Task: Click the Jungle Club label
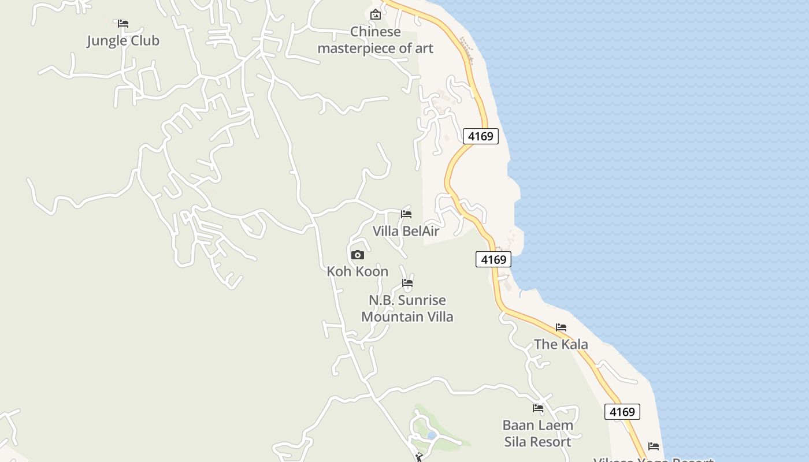click(123, 41)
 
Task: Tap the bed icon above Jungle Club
click(123, 24)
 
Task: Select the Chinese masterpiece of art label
click(375, 40)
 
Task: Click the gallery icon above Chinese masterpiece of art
click(375, 14)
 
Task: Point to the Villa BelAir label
click(406, 232)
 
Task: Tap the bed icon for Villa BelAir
click(406, 214)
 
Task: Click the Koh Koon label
click(357, 271)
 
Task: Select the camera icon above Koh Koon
click(357, 255)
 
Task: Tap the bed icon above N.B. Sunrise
click(407, 283)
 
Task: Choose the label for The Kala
click(561, 345)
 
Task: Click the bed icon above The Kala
click(561, 327)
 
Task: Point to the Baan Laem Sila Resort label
click(537, 434)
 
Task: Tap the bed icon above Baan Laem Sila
click(538, 408)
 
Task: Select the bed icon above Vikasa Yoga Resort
click(654, 446)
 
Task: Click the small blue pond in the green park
click(431, 435)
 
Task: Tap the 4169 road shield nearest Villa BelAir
click(493, 260)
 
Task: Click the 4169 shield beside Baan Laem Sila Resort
click(622, 412)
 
